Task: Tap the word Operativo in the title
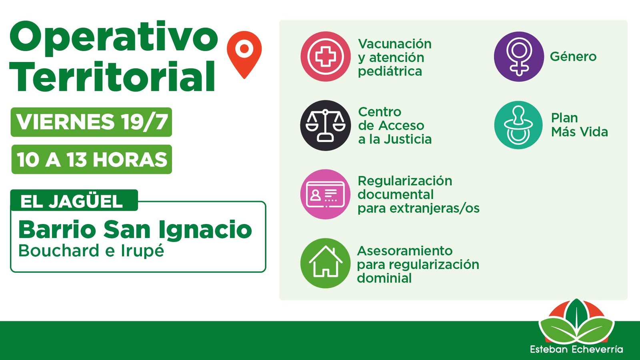pos(114,38)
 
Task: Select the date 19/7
pos(144,122)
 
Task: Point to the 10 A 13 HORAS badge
pos(92,160)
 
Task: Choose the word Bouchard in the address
pos(59,250)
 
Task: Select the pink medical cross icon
pos(326,56)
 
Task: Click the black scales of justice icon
pos(326,126)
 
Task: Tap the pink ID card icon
pos(326,194)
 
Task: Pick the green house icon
pos(326,263)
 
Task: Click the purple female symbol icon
pos(519,56)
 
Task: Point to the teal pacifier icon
pos(518,125)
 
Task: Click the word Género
pos(573,56)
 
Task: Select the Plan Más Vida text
pos(580,125)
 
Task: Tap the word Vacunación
pos(394,44)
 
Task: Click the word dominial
pos(384,278)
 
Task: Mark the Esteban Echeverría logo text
pos(576,349)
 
